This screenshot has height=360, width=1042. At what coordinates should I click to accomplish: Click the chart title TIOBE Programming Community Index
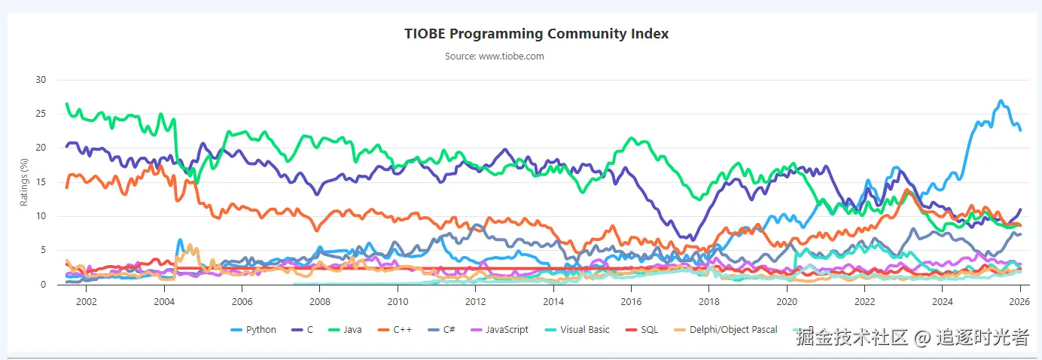536,34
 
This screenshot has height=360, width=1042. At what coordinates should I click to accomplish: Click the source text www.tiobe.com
494,56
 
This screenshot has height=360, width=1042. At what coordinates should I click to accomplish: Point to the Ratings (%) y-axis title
24,182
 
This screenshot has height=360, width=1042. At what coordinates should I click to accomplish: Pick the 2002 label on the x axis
87,301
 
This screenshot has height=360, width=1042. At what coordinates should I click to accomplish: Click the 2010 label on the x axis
398,301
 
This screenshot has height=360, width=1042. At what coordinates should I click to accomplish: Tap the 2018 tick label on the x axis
708,301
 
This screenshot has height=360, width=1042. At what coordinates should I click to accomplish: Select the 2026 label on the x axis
1019,301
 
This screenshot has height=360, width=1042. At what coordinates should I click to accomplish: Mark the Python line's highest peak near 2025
1001,101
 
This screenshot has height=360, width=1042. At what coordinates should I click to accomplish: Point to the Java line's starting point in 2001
67,104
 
